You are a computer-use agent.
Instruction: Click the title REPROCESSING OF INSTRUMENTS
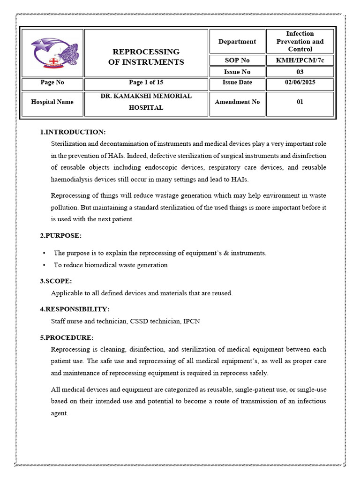click(146, 57)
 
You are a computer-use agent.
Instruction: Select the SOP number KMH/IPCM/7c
click(300, 60)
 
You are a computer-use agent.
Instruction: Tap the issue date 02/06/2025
click(300, 82)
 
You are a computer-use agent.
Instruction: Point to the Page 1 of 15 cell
click(146, 82)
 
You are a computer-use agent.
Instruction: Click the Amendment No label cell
click(237, 102)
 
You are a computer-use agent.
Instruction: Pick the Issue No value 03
click(300, 72)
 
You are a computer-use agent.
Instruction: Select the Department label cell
click(237, 42)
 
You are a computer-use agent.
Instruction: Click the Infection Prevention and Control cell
click(300, 41)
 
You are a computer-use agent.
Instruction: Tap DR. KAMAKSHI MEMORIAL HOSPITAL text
click(146, 102)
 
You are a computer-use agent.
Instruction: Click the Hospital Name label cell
click(52, 102)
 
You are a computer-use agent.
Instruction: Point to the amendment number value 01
click(300, 102)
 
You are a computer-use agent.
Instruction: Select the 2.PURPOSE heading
click(61, 236)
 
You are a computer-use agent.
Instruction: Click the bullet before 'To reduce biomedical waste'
click(44, 265)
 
